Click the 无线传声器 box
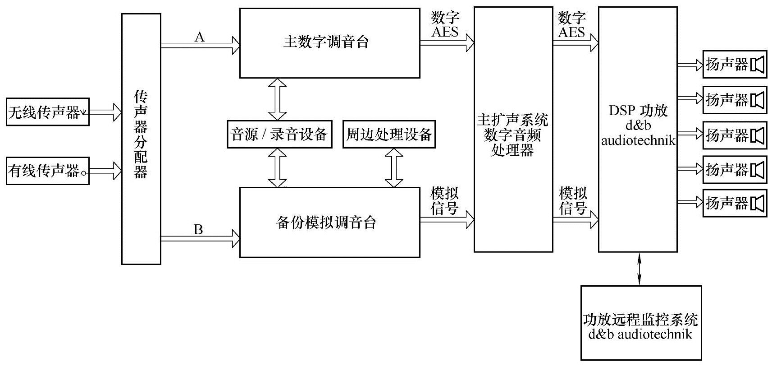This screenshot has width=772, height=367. coord(47,111)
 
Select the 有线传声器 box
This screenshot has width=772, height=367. coord(47,171)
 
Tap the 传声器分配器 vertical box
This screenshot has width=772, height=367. coord(141,138)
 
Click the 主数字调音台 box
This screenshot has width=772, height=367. coord(329,42)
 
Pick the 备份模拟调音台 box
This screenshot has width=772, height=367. coord(329,222)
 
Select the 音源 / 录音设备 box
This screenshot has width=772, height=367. coord(279,134)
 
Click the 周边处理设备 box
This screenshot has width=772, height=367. coord(389,134)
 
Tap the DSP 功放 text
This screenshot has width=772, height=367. coord(638,111)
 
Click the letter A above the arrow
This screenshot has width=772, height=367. coord(199,37)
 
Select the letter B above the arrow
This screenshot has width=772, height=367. coord(198,229)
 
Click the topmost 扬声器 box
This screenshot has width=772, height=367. coord(734,65)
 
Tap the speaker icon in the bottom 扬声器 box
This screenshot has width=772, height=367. coord(758,203)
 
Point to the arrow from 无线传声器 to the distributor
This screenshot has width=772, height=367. coord(105,111)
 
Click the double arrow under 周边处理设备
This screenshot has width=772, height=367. coord(394,167)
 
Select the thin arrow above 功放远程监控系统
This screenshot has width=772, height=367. coord(640,269)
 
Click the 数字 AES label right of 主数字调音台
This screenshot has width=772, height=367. coord(445,25)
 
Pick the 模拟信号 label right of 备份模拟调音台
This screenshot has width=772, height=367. coord(445,201)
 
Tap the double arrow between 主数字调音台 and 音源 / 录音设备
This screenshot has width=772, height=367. coord(277,99)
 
